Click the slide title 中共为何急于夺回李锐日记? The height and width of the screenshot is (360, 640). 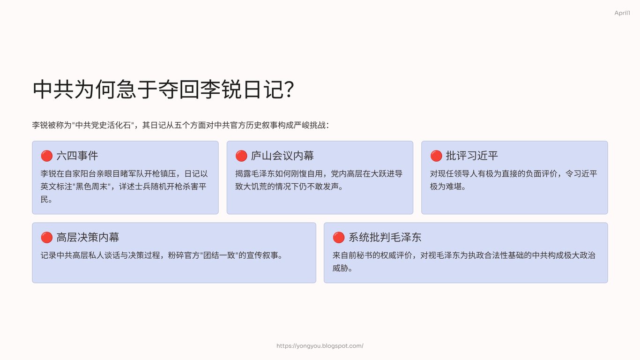tap(164, 89)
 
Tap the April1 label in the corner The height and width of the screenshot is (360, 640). tap(622, 13)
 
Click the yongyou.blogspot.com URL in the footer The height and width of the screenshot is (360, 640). tap(320, 345)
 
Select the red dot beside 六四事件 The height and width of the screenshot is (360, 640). tap(46, 156)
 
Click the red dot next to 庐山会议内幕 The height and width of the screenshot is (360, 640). tap(241, 156)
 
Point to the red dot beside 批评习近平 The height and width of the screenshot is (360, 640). tap(436, 156)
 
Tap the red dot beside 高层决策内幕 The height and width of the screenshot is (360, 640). tap(46, 237)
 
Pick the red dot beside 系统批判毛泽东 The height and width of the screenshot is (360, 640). tap(339, 237)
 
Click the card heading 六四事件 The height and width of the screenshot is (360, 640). tap(77, 156)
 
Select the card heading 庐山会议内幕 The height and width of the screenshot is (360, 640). tap(283, 156)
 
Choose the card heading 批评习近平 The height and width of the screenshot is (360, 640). tap(472, 156)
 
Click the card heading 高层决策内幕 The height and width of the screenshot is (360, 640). tap(88, 237)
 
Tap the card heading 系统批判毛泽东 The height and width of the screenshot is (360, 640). tap(385, 237)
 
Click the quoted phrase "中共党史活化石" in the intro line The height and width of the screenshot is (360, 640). tap(103, 125)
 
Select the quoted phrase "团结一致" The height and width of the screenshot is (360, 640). tap(219, 255)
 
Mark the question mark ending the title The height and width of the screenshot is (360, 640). tap(290, 89)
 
